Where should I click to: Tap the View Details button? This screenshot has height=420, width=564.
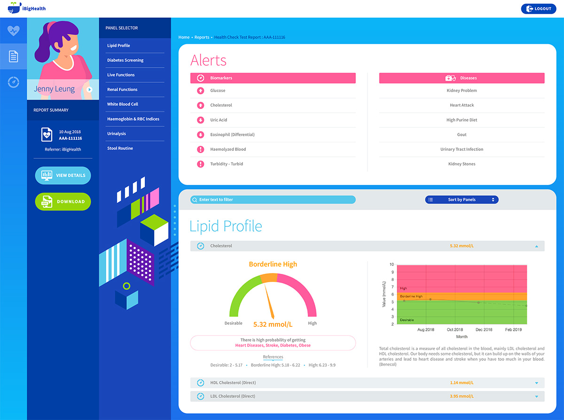63,175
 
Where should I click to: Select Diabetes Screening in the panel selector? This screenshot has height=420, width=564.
125,60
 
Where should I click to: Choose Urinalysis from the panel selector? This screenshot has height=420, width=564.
117,133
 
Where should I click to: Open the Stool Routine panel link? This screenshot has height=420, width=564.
120,148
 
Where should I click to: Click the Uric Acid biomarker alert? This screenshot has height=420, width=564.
219,120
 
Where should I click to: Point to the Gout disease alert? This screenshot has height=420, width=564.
462,134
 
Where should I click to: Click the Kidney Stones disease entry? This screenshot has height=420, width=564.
462,164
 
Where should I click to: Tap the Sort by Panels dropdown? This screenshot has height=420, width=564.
462,200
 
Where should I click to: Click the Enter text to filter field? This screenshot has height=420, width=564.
273,200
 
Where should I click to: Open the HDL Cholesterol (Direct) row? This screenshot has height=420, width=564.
233,383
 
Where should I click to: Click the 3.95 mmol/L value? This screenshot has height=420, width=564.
462,397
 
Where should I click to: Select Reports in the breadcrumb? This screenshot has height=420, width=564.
202,37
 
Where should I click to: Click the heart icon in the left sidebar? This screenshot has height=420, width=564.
13,31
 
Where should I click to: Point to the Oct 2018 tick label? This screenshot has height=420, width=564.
455,330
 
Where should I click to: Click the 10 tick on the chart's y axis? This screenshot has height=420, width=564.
392,264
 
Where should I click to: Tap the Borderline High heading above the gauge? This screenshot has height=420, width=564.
273,264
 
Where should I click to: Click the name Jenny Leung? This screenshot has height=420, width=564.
54,89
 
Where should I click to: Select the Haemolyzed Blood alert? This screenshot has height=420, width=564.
228,149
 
